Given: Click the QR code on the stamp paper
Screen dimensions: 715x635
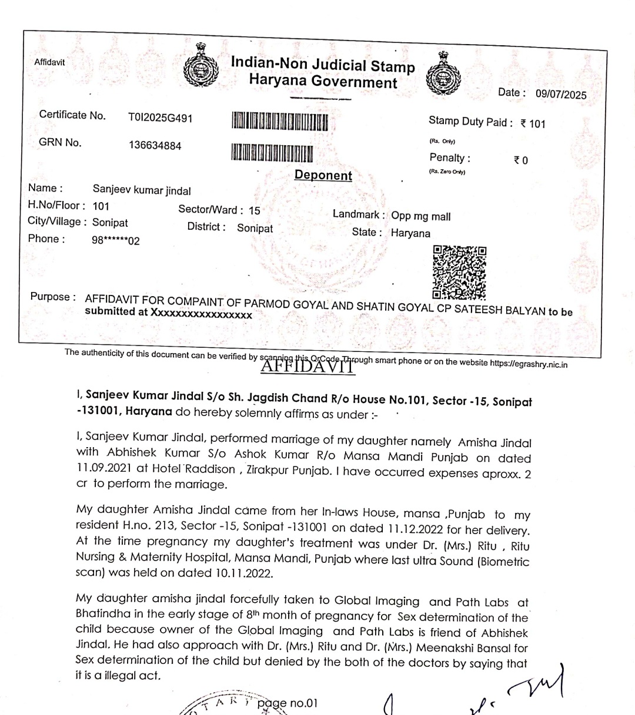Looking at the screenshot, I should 459,271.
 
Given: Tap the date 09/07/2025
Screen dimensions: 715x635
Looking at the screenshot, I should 560,95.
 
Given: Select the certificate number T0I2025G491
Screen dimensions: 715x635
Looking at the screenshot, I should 160,118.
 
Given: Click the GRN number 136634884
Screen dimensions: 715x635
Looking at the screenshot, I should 155,146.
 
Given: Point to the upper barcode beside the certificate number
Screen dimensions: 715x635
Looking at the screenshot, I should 280,122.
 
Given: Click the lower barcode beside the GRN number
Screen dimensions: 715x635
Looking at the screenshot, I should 272,153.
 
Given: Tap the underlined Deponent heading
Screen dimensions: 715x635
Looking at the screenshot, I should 323,175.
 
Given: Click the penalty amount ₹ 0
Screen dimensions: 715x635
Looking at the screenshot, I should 521,160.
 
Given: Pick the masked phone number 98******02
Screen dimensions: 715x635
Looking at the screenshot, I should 116,241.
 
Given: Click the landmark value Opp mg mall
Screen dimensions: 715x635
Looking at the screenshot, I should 421,216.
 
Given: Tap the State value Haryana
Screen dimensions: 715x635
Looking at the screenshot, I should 410,233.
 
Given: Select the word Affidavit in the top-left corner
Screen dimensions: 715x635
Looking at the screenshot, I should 49,62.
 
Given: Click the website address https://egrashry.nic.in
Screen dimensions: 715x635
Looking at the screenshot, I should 529,364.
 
